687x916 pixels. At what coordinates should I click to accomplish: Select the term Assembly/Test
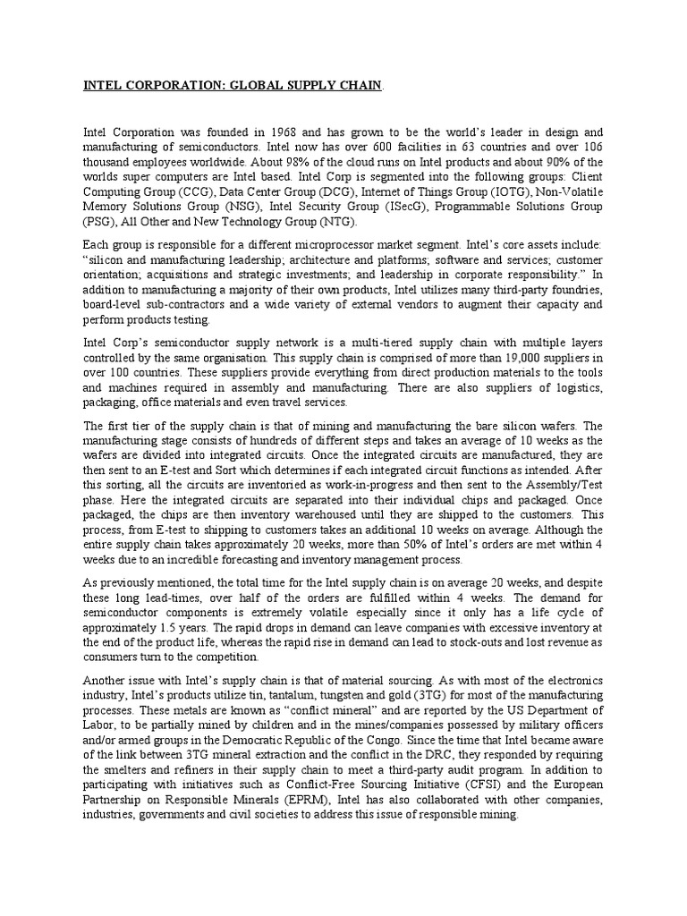pos(567,484)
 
